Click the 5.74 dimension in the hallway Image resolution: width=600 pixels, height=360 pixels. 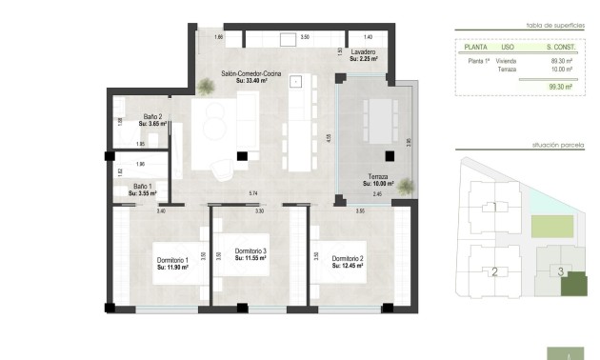coord(253,194)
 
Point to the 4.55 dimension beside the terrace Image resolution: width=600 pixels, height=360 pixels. coord(329,137)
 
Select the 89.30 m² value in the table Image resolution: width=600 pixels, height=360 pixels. coord(560,60)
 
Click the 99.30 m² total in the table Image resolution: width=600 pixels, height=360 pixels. coord(560,87)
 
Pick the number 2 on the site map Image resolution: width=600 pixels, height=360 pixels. coord(493,272)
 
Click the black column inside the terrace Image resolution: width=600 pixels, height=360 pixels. coord(389,157)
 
